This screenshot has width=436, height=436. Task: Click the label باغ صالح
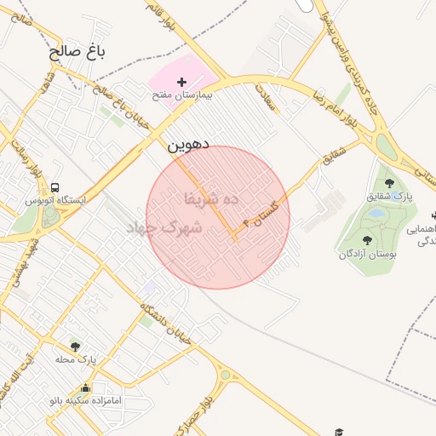[x=77, y=52]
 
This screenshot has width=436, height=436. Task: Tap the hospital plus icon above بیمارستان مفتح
[x=181, y=82]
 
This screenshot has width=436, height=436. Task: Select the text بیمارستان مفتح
[x=181, y=96]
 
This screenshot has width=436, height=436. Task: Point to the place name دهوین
[x=187, y=146]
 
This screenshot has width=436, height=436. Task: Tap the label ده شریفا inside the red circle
[x=212, y=198]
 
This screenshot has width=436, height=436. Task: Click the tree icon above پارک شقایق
[x=389, y=182]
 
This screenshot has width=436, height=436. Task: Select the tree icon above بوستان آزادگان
[x=367, y=240]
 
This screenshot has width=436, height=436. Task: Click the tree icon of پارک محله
[x=75, y=347]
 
